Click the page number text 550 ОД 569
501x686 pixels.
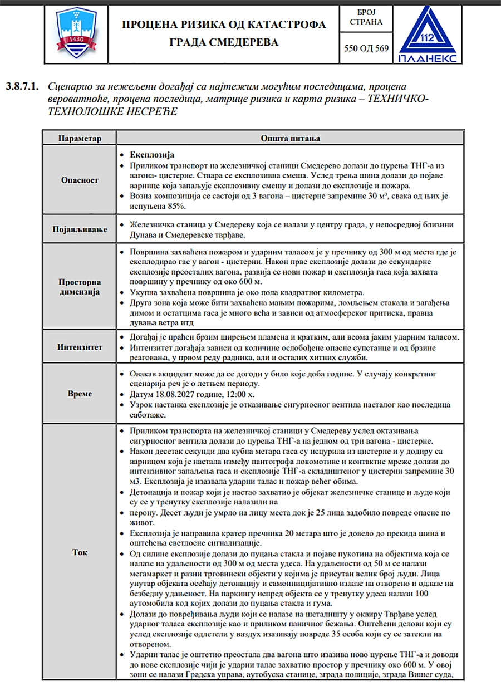(x=366, y=48)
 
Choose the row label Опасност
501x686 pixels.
(x=80, y=180)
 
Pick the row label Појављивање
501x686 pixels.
(x=80, y=229)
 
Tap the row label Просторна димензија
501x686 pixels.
(x=80, y=287)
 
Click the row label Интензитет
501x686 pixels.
(x=80, y=347)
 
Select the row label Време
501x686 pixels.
(x=80, y=394)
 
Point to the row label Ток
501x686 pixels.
(x=80, y=552)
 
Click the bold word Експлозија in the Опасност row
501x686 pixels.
(x=153, y=155)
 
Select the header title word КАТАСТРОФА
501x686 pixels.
(x=284, y=24)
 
